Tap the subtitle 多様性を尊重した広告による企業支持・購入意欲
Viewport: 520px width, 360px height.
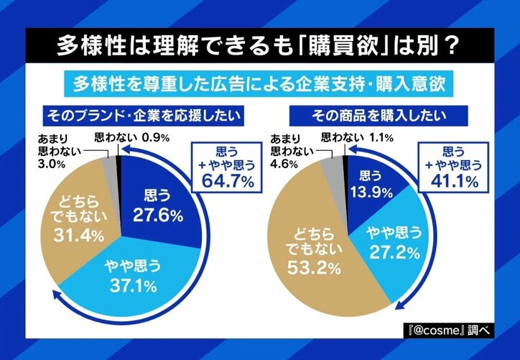pos(260,84)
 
